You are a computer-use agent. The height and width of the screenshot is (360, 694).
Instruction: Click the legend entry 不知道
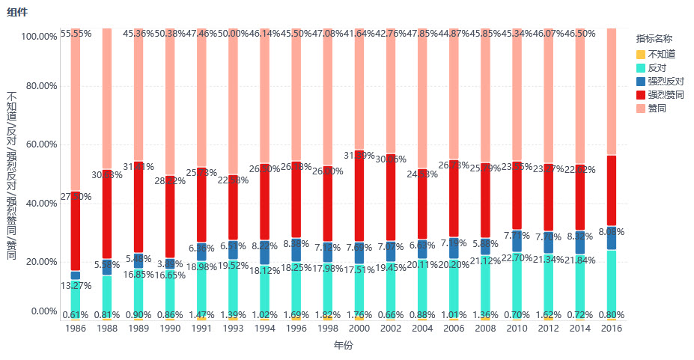tap(661, 54)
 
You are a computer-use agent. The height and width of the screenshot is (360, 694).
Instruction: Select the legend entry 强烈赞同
tap(666, 95)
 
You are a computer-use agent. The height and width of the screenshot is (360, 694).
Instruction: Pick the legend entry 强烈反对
tap(666, 81)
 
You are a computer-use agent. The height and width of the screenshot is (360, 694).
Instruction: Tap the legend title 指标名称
tap(654, 38)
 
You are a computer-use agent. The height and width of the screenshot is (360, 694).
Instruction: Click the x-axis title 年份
tap(343, 346)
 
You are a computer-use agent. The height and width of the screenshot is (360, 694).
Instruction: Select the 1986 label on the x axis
tap(76, 329)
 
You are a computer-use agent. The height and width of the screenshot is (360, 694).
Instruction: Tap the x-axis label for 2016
tap(612, 329)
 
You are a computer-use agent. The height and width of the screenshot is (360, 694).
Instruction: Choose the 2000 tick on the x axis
tap(359, 329)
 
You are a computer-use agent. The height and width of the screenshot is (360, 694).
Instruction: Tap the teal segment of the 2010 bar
tap(517, 284)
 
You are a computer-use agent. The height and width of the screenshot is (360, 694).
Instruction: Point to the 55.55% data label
tap(76, 34)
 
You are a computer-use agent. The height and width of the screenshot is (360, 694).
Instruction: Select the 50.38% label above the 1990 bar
tap(170, 34)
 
